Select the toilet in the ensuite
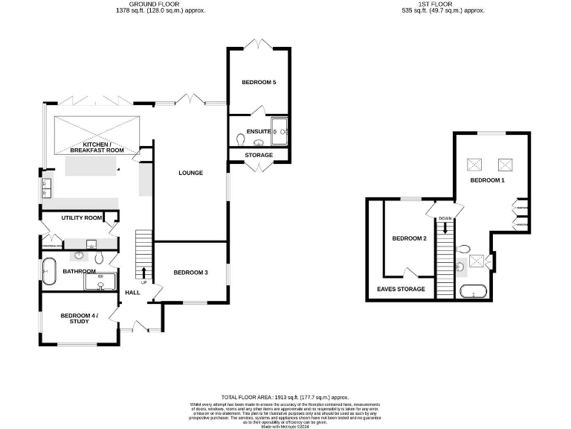[239, 139]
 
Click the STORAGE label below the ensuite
[259, 155]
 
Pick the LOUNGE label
[190, 173]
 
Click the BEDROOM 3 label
[190, 273]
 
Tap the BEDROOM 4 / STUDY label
[79, 318]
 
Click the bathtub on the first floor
[473, 291]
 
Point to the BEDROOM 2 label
[409, 238]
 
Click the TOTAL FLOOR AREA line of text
[285, 398]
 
